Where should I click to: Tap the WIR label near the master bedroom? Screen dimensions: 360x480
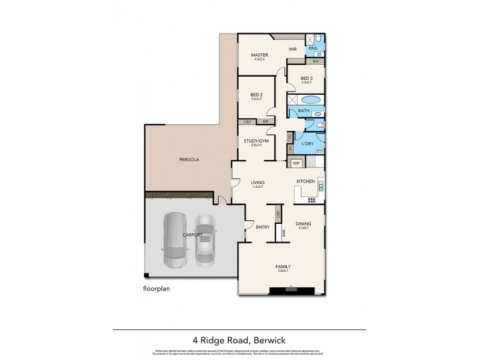tap(293, 49)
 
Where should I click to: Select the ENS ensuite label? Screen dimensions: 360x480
tap(313, 49)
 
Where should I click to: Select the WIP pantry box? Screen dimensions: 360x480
tap(296, 163)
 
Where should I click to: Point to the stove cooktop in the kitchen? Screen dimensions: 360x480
tap(311, 200)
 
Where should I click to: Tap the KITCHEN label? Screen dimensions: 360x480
tap(305, 181)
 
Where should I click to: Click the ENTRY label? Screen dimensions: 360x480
tap(262, 227)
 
